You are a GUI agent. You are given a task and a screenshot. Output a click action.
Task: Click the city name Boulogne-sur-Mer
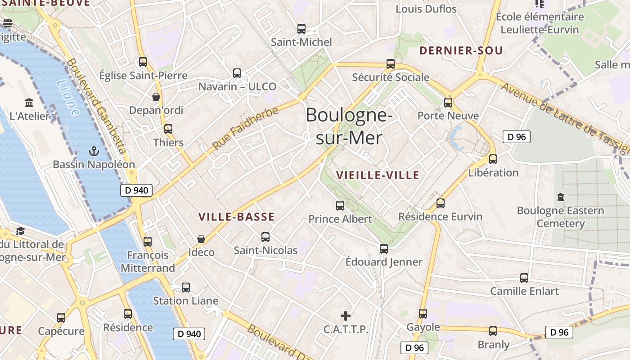tap(349, 126)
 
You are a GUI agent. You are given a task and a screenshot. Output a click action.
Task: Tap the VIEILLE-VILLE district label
tap(378, 175)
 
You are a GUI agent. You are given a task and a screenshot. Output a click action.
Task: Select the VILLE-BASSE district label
tap(237, 217)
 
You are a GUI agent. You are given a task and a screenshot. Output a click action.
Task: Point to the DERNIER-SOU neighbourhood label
tap(461, 51)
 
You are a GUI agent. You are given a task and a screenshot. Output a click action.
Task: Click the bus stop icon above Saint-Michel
tap(301, 29)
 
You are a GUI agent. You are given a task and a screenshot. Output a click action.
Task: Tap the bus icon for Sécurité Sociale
tap(391, 64)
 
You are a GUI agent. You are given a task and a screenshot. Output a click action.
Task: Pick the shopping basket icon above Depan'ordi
tap(156, 97)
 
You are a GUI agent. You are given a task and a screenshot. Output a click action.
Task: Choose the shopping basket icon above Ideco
tap(201, 239)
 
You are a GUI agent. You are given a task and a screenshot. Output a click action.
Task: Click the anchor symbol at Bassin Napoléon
tap(94, 151)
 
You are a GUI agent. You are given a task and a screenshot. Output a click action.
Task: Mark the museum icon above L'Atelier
tap(30, 103)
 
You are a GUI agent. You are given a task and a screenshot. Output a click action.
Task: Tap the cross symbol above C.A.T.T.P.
tap(346, 316)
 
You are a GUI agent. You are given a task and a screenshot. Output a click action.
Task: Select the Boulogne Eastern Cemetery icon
tap(560, 197)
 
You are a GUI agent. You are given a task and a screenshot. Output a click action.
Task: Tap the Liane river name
tap(68, 98)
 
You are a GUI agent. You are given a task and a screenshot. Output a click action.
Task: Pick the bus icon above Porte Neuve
tap(448, 102)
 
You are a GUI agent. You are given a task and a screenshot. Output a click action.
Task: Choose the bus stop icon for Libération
tap(493, 159)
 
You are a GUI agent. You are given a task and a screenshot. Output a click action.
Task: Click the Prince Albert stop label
tap(340, 219)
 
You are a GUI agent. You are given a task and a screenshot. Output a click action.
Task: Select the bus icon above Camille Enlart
tap(524, 278)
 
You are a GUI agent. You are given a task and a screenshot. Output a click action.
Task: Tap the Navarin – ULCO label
tap(237, 86)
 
